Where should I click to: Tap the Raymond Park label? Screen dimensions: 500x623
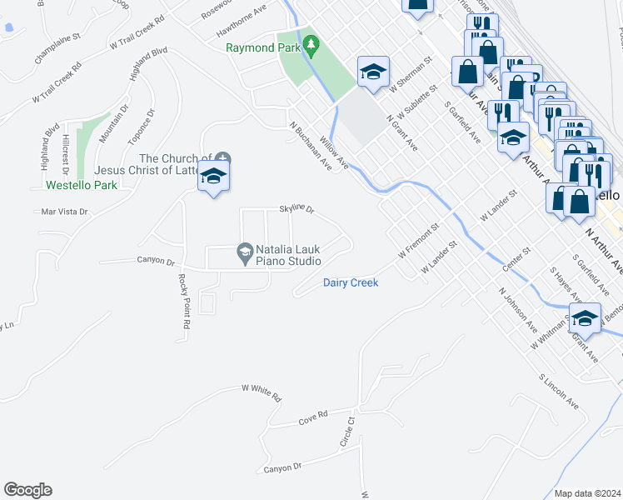click(x=262, y=47)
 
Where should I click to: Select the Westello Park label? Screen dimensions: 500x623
click(x=82, y=185)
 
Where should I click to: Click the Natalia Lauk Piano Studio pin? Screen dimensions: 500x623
click(x=245, y=250)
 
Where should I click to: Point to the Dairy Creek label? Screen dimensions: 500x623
click(x=351, y=283)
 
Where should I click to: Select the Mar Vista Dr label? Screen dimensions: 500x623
click(x=64, y=212)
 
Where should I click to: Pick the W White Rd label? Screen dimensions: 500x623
click(x=262, y=391)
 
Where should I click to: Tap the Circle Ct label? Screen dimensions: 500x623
click(x=347, y=432)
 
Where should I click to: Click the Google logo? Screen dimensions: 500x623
click(x=27, y=490)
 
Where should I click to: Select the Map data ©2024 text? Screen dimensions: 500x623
click(x=588, y=493)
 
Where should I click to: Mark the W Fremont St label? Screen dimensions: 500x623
click(x=418, y=240)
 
